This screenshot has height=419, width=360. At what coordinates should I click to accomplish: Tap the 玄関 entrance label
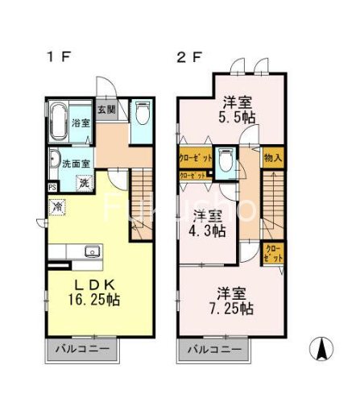pyautogui.click(x=106, y=110)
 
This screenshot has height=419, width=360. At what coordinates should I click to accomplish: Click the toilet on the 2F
pyautogui.click(x=226, y=160)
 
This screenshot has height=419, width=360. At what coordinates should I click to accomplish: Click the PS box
pyautogui.click(x=52, y=188)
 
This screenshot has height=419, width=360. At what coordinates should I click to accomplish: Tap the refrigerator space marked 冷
pyautogui.click(x=58, y=207)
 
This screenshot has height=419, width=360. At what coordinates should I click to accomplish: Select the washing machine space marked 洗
pyautogui.click(x=84, y=183)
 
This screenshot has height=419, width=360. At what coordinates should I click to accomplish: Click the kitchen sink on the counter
pyautogui.click(x=90, y=251)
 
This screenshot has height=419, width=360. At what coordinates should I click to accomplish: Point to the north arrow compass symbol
pyautogui.click(x=321, y=349)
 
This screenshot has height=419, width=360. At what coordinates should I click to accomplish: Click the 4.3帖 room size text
pyautogui.click(x=209, y=230)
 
